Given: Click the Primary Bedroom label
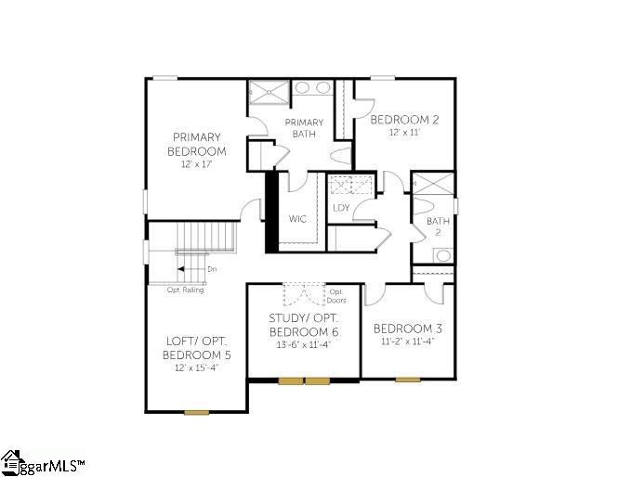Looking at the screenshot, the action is click(196, 144).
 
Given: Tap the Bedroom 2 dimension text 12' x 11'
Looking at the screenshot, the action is click(404, 132).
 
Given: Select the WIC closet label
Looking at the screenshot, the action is click(297, 219).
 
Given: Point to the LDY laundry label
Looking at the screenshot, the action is click(341, 208).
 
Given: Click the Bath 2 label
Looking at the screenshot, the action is click(438, 226).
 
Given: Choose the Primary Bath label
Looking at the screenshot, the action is click(304, 128).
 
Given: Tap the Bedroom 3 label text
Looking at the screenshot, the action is click(408, 329).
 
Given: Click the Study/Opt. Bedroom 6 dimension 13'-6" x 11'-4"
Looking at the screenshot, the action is click(304, 345).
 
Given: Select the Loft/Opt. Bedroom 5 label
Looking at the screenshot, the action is click(197, 348).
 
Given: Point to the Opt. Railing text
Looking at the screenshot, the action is click(186, 290).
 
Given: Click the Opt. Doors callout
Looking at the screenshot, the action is click(336, 296).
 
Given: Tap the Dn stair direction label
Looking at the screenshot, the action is click(212, 269).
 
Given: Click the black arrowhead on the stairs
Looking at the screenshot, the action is click(181, 269).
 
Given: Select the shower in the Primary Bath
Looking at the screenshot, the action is click(269, 93).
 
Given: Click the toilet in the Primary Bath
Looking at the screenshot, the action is click(343, 156).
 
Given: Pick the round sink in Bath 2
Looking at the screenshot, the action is click(443, 255).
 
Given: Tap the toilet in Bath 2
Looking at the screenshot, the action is click(423, 205).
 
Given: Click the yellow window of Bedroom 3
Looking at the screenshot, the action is click(408, 380).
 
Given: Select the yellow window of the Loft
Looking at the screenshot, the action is click(197, 412).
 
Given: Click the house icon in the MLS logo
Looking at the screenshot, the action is click(11, 462).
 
